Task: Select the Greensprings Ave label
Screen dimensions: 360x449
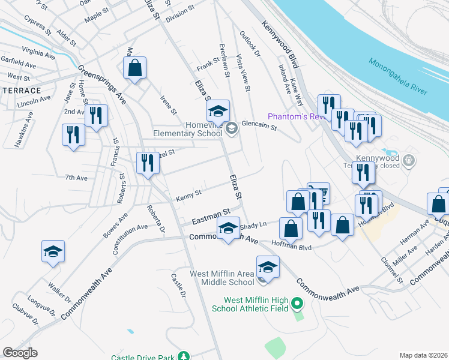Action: (103, 85)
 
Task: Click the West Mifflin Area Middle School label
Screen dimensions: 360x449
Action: (222, 278)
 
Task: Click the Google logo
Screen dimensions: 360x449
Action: (20, 352)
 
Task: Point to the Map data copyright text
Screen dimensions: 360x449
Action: (423, 355)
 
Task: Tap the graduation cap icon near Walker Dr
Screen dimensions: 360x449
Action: (53, 251)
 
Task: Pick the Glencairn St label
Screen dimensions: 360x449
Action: (259, 127)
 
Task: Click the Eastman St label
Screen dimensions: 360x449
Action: (211, 217)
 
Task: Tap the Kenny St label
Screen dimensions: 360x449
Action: (188, 196)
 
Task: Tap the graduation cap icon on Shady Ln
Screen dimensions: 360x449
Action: (228, 230)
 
